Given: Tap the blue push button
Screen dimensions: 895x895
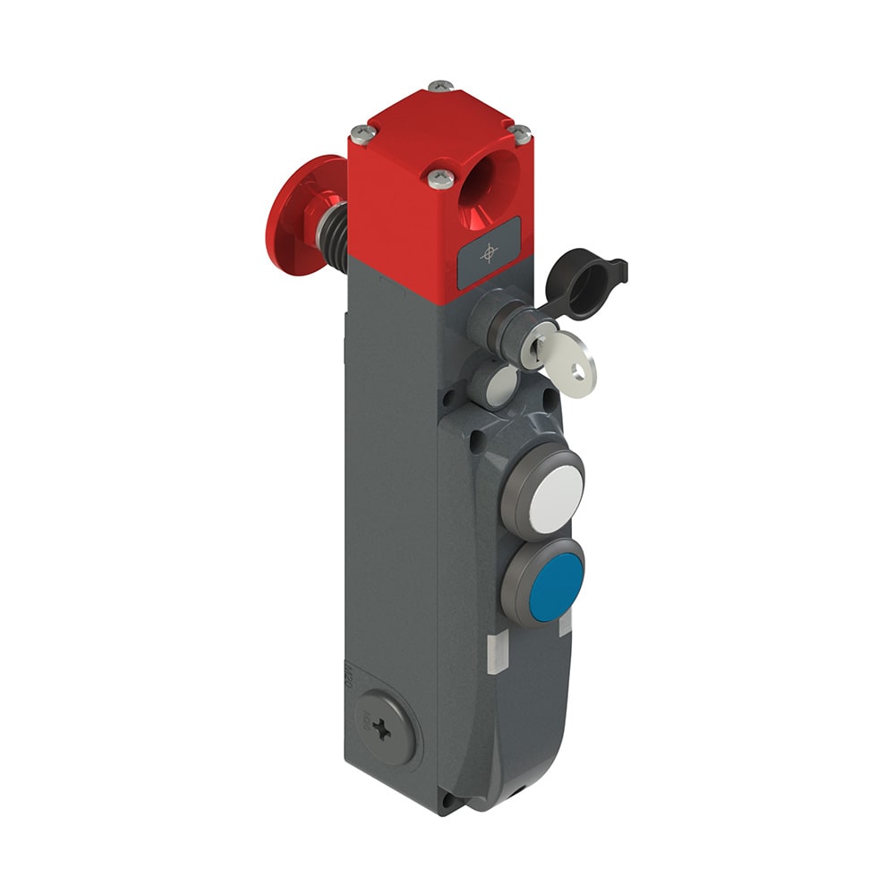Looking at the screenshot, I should (556, 587).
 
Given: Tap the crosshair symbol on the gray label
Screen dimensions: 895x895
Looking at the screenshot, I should (489, 251).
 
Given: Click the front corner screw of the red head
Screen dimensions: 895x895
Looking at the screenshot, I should (439, 178).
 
